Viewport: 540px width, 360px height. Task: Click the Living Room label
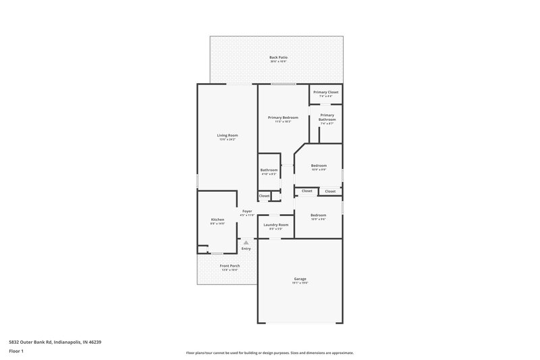[x=227, y=135]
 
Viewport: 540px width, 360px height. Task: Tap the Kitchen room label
[x=217, y=220]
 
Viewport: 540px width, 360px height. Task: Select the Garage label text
[x=300, y=279]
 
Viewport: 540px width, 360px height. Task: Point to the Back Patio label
[x=279, y=57]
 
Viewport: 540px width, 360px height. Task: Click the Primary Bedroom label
[x=283, y=118]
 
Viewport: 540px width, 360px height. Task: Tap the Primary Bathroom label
[x=327, y=117]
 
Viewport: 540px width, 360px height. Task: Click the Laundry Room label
[x=276, y=224]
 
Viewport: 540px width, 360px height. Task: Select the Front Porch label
[x=230, y=265]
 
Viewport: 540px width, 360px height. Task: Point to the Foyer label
[x=247, y=211]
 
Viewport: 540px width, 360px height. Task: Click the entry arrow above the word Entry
[x=246, y=242]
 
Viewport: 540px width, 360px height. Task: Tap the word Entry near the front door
[x=246, y=249]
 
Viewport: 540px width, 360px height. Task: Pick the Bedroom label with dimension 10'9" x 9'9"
[x=319, y=165]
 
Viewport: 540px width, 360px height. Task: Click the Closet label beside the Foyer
[x=264, y=196]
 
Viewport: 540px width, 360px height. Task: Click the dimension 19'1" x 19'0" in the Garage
[x=300, y=284]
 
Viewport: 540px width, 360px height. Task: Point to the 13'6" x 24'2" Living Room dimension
[x=227, y=140]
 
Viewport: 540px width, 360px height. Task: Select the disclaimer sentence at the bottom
[x=269, y=353]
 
